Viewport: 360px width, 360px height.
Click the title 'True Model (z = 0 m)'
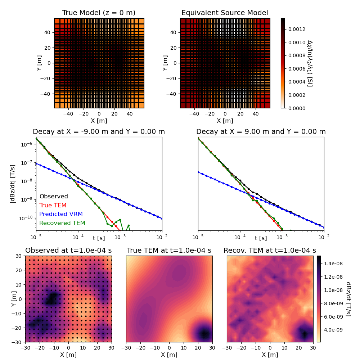point(99,13)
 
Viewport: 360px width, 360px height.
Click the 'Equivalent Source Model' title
point(225,13)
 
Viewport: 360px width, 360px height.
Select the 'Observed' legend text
point(54,197)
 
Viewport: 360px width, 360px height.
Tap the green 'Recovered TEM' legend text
point(62,223)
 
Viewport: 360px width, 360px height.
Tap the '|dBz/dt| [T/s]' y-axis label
point(13,184)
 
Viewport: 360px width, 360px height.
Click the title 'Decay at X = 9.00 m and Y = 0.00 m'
point(261,132)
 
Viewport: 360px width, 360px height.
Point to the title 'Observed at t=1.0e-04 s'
point(68,251)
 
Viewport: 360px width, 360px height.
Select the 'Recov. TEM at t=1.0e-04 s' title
point(270,251)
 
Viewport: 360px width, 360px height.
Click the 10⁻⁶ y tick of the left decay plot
point(27,144)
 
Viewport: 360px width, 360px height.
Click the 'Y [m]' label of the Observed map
point(14,299)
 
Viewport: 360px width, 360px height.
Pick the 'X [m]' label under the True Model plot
point(99,121)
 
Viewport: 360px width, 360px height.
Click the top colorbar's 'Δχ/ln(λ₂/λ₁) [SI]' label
point(309,63)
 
